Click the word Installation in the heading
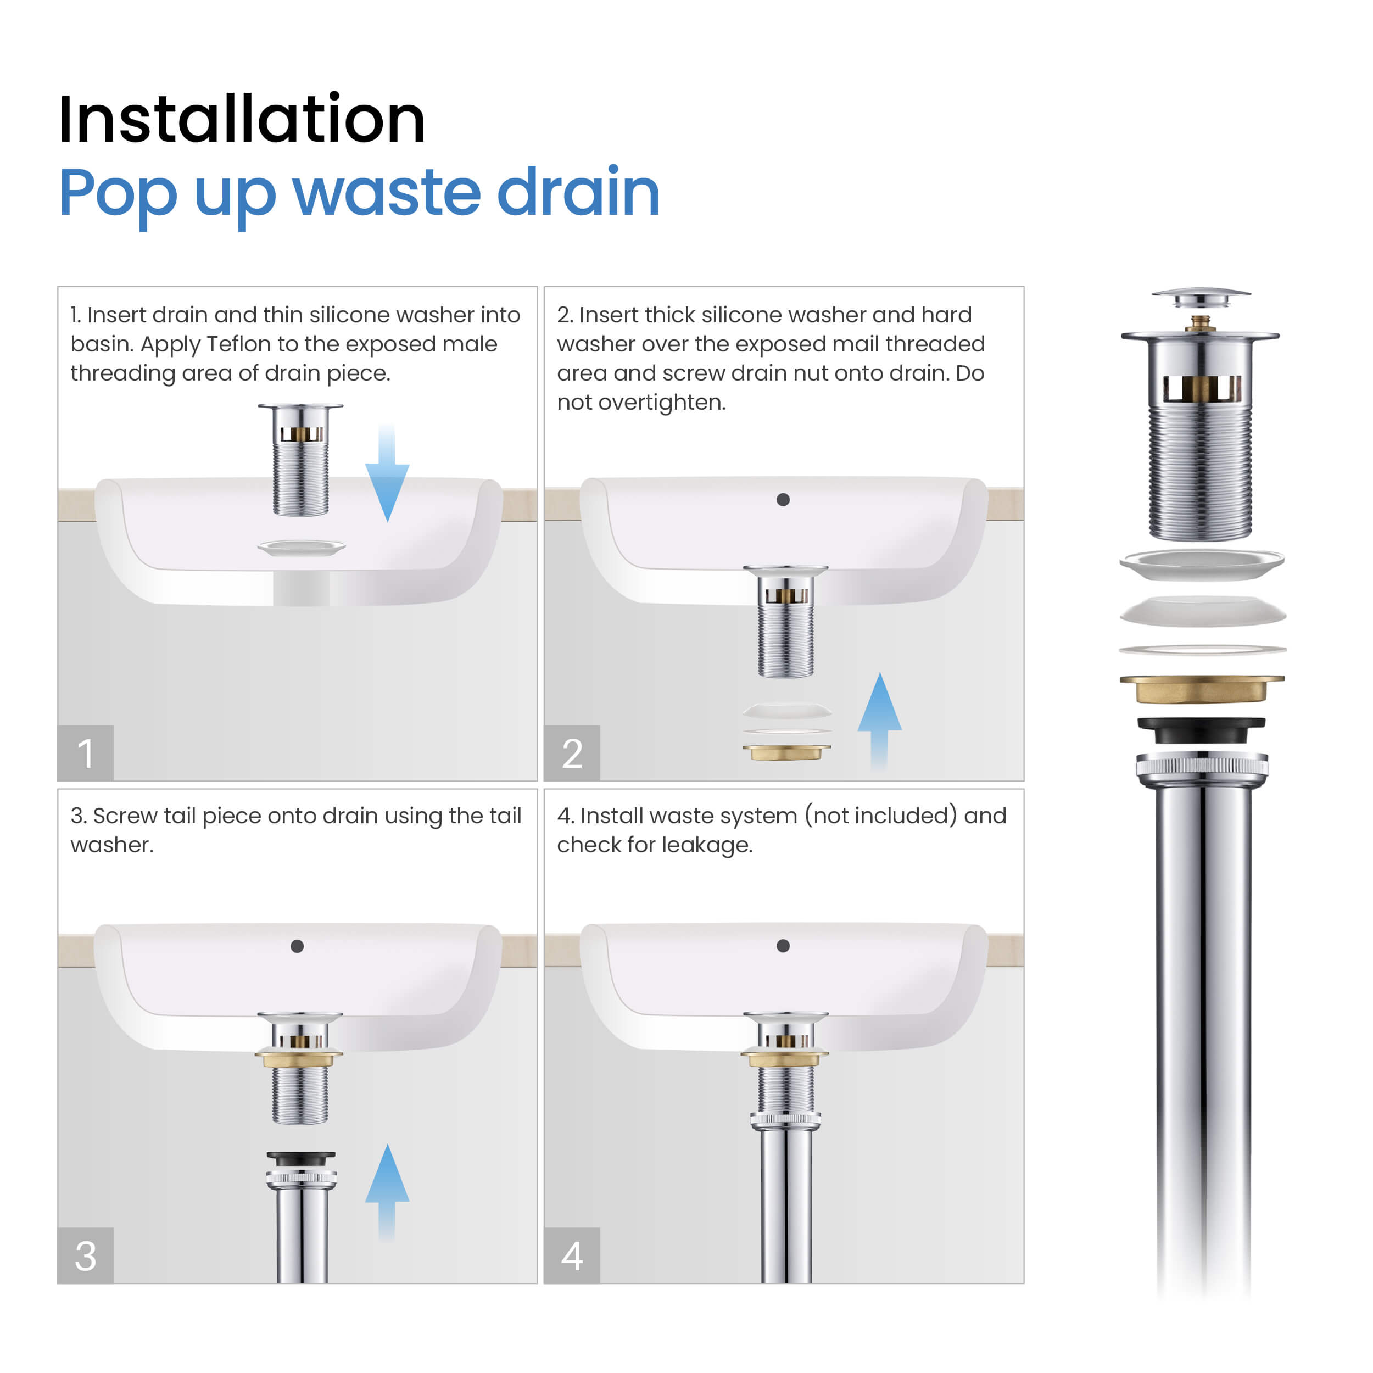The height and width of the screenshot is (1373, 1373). click(x=242, y=119)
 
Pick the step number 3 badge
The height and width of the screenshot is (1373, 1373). click(x=85, y=1255)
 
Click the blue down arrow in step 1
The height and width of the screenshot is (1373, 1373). click(x=387, y=473)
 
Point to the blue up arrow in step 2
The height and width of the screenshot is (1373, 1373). click(x=879, y=721)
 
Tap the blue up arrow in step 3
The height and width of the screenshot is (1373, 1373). click(x=387, y=1192)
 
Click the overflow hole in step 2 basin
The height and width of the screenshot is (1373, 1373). click(x=783, y=500)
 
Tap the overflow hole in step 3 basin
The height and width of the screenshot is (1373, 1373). click(x=297, y=946)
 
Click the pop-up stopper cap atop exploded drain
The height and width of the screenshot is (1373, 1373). click(x=1201, y=298)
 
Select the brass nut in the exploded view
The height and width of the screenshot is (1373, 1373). click(x=1202, y=688)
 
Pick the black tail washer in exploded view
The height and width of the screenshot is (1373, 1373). click(x=1201, y=730)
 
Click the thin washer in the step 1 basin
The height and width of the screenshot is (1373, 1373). click(x=302, y=547)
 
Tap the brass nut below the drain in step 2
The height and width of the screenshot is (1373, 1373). click(x=786, y=752)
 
